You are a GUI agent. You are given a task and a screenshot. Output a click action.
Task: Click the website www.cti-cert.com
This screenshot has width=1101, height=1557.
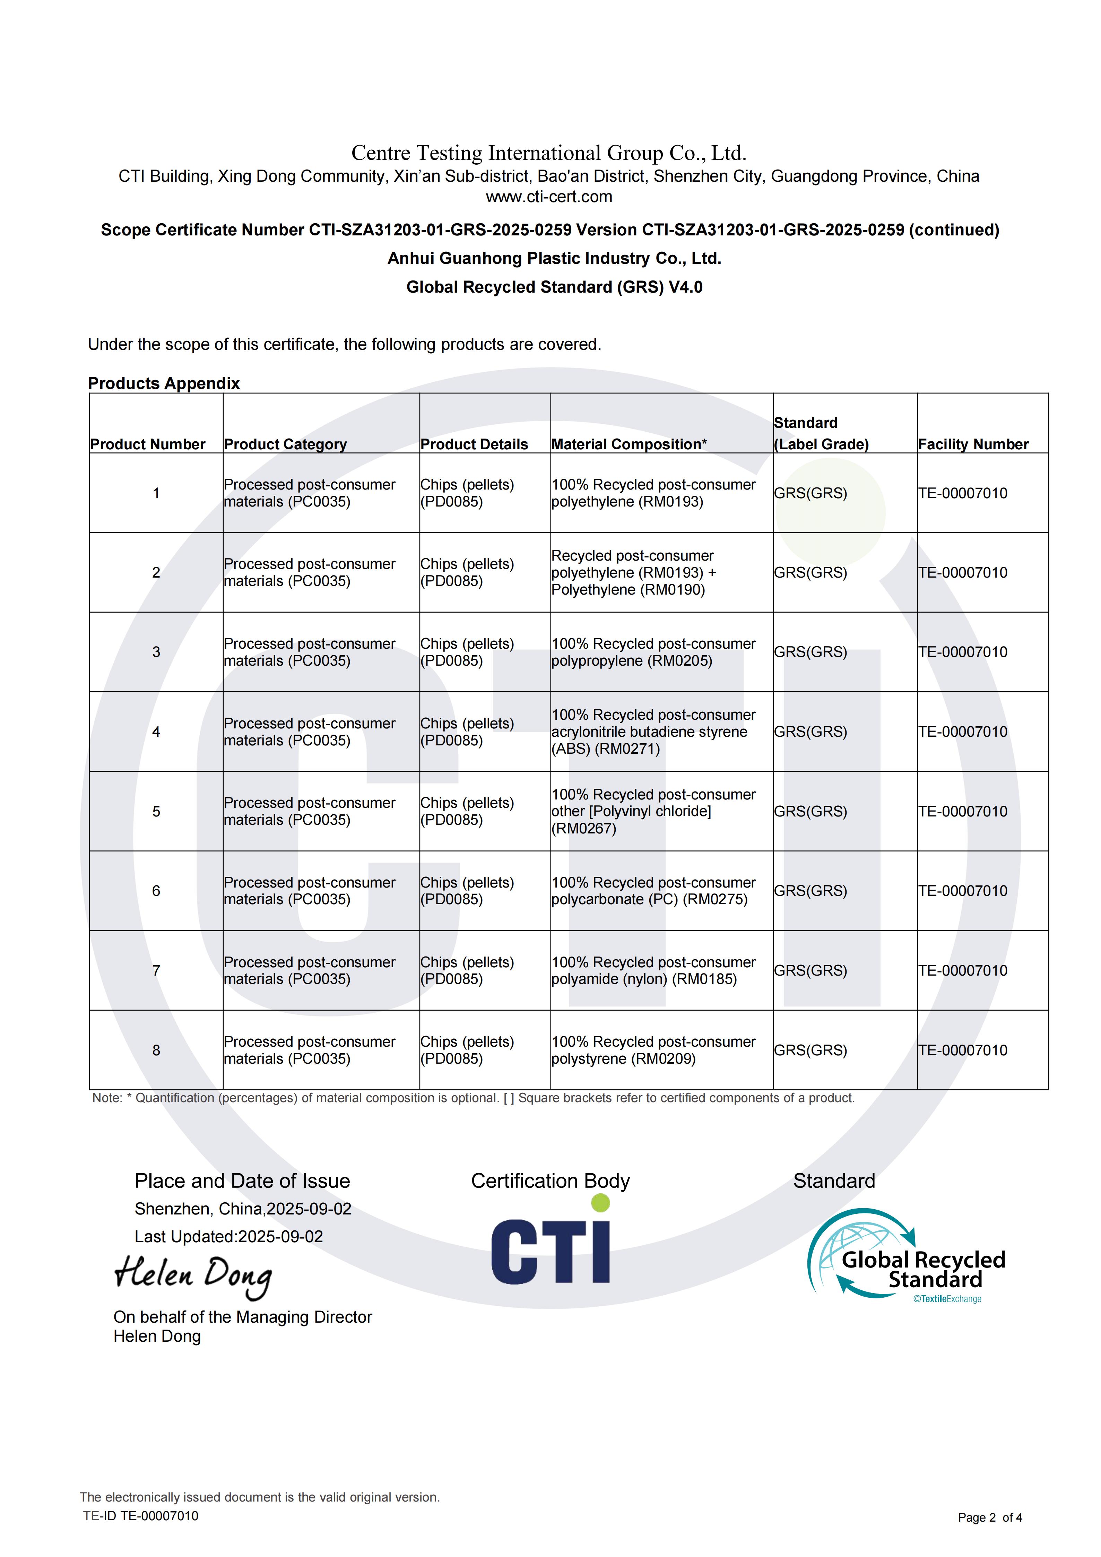click(549, 197)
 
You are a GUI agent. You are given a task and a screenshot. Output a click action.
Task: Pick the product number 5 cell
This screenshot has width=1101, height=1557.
click(156, 811)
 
